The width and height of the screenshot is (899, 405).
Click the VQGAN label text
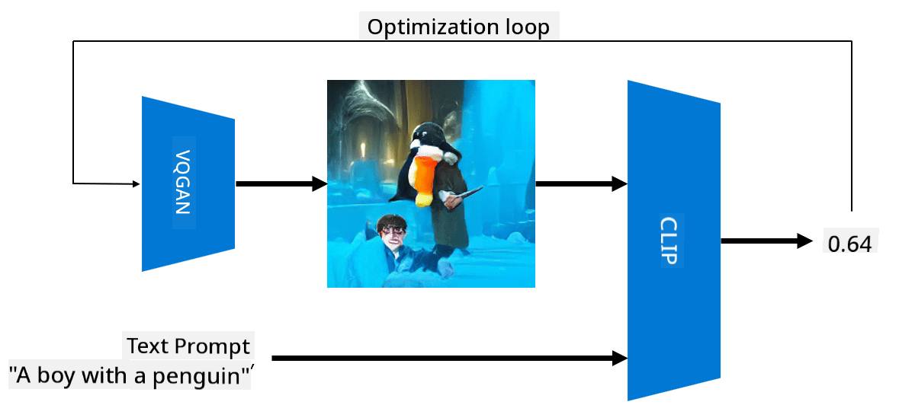point(181,183)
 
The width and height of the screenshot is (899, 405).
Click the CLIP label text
point(669,241)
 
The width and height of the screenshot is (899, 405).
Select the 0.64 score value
point(850,244)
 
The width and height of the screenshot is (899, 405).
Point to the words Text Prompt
point(188,346)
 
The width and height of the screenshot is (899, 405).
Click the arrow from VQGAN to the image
point(281,183)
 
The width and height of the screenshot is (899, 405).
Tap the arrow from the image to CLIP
point(581,183)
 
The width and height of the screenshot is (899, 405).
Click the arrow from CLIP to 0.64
point(767,241)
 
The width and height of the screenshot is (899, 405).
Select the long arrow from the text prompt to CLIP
point(450,359)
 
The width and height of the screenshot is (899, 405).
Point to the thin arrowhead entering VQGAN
point(136,183)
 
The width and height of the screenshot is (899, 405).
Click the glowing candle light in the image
point(361,150)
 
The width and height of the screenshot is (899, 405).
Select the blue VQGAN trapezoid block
point(188,183)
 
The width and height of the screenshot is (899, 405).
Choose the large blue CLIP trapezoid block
point(673,241)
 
